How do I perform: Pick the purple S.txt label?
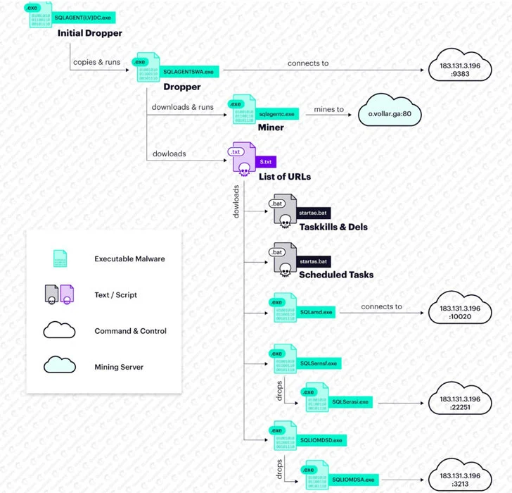265,161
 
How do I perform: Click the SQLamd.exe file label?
316,311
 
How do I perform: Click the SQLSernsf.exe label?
319,363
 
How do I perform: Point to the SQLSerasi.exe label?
350,401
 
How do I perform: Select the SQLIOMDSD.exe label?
321,439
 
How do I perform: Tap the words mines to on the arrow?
328,110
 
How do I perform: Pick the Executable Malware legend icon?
60,258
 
